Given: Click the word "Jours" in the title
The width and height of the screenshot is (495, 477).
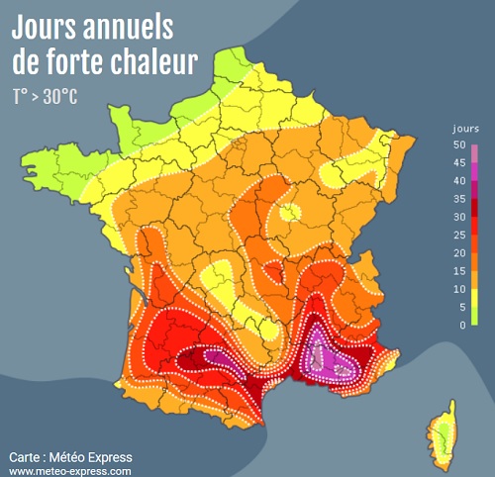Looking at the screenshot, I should tap(50, 25).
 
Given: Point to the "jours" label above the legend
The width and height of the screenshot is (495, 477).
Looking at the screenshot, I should tap(465, 130).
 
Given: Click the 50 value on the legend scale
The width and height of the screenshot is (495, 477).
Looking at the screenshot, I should tap(458, 145).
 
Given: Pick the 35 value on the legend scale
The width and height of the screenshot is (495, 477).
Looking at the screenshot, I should tap(458, 199).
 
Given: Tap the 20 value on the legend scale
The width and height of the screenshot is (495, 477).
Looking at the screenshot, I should tap(458, 252).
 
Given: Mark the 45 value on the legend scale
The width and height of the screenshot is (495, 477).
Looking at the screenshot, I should tap(458, 163).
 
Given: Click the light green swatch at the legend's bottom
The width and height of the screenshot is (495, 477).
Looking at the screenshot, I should tap(475, 315).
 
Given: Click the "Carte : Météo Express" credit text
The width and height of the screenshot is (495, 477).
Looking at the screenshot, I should tap(70, 457).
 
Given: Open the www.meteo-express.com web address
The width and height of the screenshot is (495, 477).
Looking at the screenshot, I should tap(70, 471).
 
